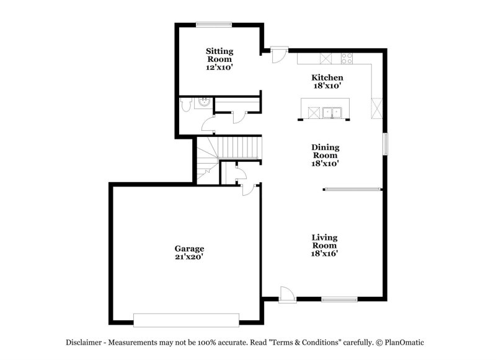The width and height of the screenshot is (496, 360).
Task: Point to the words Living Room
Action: coord(324,242)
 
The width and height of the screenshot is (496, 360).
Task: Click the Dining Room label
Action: coord(325,151)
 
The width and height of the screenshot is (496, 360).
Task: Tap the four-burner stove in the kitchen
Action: coord(347,59)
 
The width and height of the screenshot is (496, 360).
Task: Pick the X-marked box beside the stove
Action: coord(326,59)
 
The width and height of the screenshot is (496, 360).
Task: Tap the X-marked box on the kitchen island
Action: coord(314,112)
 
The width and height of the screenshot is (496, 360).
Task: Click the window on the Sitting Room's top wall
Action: coord(215,25)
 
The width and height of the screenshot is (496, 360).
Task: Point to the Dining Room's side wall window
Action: coord(385,144)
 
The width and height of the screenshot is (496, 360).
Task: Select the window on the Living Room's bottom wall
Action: coord(339,300)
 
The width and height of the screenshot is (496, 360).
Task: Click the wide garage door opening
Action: coord(187,319)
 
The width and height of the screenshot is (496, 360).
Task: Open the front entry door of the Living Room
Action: coord(286,295)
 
